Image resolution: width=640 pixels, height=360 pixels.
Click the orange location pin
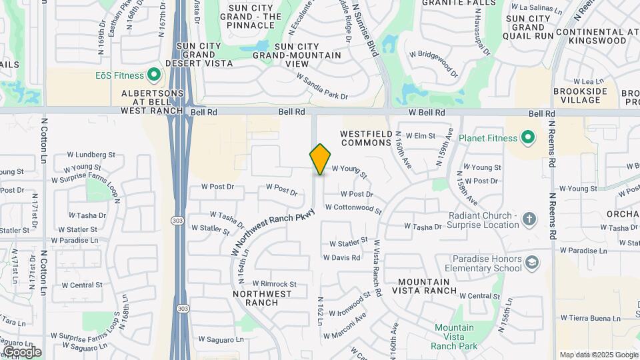click(x=320, y=159)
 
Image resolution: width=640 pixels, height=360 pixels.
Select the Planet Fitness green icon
click(x=528, y=138)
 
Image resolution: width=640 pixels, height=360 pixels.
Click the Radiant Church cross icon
click(x=529, y=219)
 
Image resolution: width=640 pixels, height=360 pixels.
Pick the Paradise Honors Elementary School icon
click(x=532, y=263)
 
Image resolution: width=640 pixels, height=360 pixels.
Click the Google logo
click(x=21, y=351)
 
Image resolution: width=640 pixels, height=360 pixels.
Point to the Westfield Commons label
click(x=365, y=137)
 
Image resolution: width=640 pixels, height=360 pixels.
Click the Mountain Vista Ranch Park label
click(x=454, y=337)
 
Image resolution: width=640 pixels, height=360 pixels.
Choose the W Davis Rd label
click(x=341, y=257)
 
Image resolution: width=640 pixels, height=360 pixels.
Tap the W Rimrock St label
click(x=269, y=283)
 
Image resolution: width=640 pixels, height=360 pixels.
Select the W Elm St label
click(x=420, y=135)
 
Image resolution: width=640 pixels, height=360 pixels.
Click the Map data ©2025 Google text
click(x=598, y=355)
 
